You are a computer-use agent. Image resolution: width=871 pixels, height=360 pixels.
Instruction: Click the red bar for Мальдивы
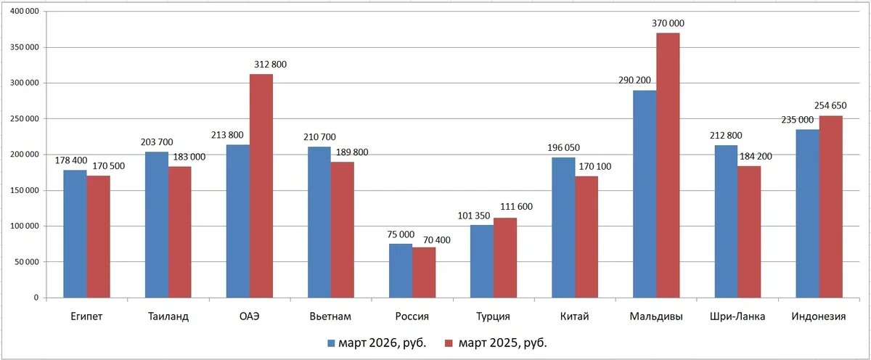click(668, 165)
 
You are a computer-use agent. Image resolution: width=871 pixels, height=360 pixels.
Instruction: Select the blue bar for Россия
click(401, 271)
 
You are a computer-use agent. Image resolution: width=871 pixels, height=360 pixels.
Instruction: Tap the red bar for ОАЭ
click(261, 186)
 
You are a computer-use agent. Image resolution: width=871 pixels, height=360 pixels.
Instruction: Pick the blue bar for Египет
click(75, 234)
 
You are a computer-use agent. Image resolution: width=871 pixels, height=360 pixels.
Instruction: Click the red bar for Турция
click(505, 258)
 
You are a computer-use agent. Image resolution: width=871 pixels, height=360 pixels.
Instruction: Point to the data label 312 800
click(270, 65)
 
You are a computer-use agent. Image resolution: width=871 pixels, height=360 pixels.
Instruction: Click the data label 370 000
click(668, 23)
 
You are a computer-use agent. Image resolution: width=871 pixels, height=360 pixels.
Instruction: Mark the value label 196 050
click(563, 147)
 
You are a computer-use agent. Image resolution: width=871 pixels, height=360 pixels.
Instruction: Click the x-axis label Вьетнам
click(330, 317)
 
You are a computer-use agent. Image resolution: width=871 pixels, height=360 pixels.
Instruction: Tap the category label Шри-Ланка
click(737, 317)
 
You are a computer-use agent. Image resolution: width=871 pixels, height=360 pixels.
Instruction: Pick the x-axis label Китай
click(575, 317)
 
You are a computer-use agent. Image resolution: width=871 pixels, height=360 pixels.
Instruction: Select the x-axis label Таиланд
click(168, 317)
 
